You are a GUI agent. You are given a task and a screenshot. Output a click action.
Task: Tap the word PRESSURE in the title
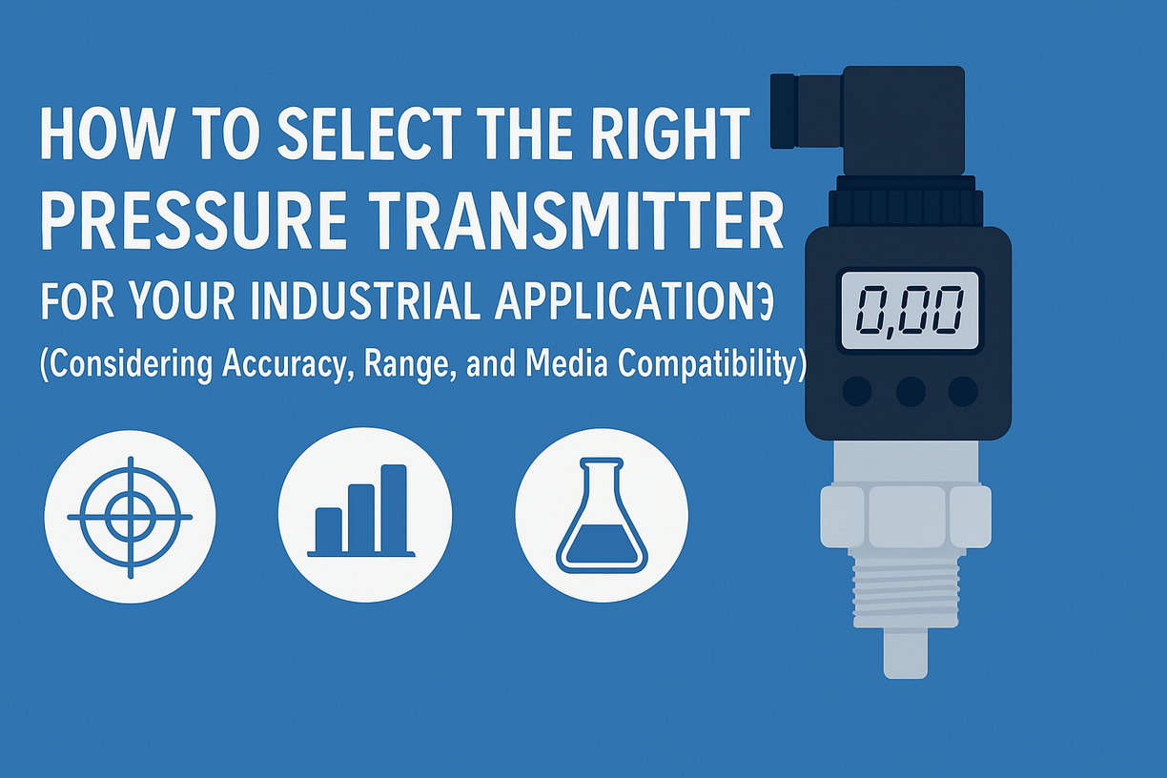pos(194,220)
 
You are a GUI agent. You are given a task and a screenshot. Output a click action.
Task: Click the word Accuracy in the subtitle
pos(284,365)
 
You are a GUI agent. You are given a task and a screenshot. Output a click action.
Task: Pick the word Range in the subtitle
pos(406,366)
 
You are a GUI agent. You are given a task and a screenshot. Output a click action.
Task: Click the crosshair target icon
pos(130,518)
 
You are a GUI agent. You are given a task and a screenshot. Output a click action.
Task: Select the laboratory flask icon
pos(602,516)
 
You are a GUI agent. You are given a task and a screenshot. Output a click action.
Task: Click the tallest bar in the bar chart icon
pos(394,508)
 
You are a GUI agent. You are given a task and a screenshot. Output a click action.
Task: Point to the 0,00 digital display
pos(910,311)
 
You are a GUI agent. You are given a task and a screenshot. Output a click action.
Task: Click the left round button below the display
pos(857,391)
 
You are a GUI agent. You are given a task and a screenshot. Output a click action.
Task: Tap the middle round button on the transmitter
pos(911,391)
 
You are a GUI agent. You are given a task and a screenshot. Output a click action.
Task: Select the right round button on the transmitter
pos(963,391)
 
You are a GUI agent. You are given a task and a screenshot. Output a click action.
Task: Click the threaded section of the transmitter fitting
pos(906,593)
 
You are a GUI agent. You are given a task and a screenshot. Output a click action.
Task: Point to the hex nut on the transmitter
pos(906,517)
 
